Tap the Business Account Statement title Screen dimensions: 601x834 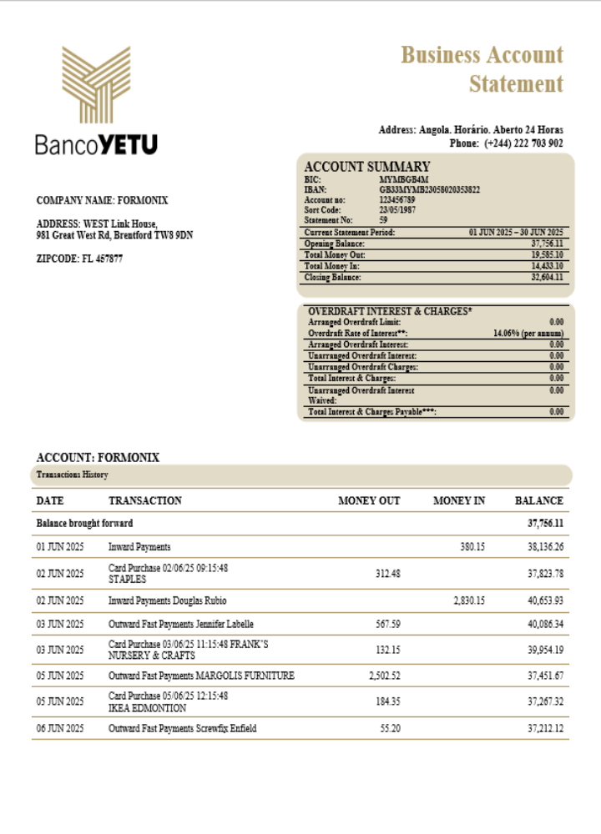tap(482, 69)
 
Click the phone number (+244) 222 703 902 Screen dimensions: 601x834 tap(523, 143)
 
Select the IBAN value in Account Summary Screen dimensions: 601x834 tap(429, 189)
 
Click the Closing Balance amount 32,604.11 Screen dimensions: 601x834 tap(547, 277)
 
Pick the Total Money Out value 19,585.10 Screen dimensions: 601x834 tap(547, 254)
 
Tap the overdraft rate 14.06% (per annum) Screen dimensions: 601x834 tap(528, 333)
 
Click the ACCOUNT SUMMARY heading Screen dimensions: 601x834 tap(367, 166)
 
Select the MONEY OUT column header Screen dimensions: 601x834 tap(369, 500)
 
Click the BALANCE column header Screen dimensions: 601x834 tap(538, 500)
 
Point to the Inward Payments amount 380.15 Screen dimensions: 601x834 tap(472, 547)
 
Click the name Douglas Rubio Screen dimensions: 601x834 tap(200, 600)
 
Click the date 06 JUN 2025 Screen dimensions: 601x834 tap(60, 728)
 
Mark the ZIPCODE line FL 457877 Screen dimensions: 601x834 tap(79, 259)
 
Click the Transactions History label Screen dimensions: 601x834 tap(72, 475)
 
